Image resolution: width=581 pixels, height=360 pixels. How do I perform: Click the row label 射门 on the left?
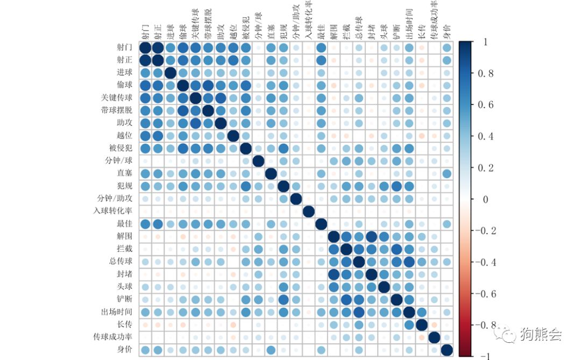click(x=124, y=47)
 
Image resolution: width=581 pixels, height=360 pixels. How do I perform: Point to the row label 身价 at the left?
click(x=124, y=350)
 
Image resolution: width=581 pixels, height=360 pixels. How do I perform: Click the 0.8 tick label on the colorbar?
click(x=486, y=74)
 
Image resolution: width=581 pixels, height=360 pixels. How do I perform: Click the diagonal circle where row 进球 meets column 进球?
click(x=170, y=73)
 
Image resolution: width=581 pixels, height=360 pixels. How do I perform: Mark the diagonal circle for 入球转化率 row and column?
click(x=308, y=211)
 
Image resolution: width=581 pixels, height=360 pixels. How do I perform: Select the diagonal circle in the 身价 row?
click(x=447, y=350)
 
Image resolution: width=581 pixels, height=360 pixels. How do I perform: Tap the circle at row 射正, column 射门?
click(x=145, y=60)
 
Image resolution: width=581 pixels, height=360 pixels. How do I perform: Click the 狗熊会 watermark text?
click(x=541, y=335)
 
